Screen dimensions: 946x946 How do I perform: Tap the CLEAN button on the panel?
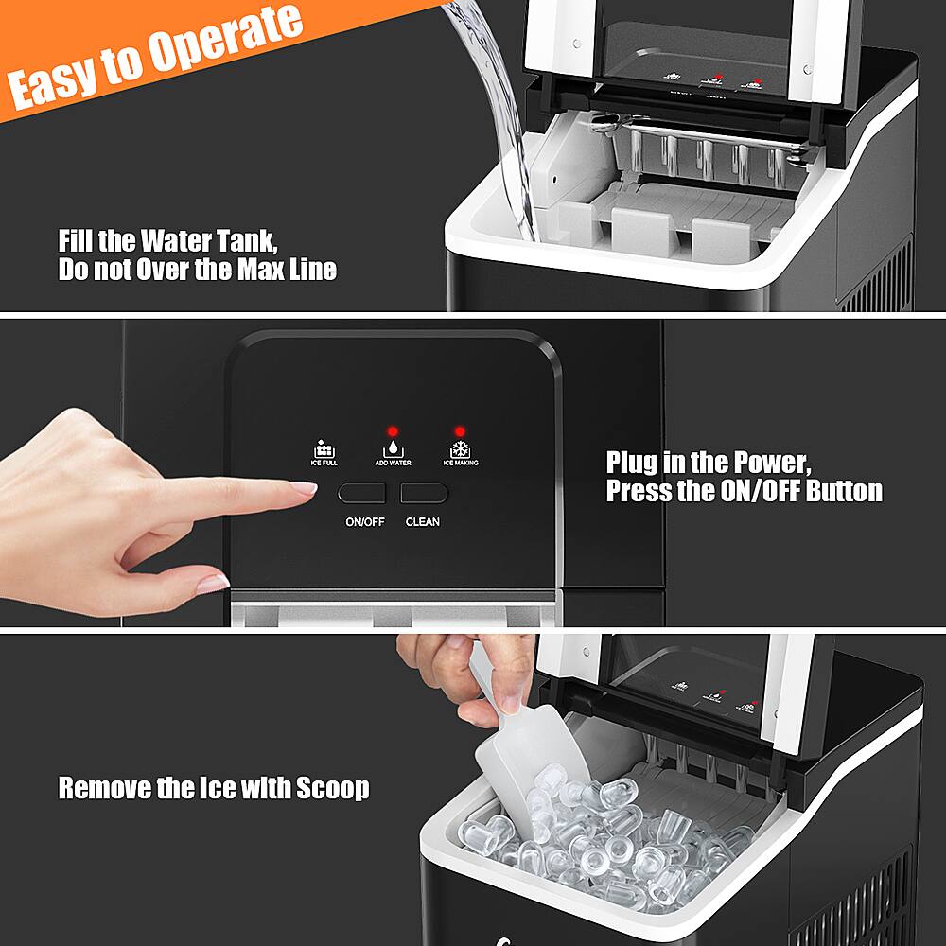[423, 493]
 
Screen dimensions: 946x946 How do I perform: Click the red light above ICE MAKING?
[460, 431]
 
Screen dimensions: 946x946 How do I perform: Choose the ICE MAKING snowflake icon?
[460, 448]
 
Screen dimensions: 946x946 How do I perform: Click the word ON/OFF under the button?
[364, 522]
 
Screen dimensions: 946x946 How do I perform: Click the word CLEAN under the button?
[423, 522]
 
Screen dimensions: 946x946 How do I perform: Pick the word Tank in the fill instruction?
[243, 240]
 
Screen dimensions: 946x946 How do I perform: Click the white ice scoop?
[516, 747]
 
